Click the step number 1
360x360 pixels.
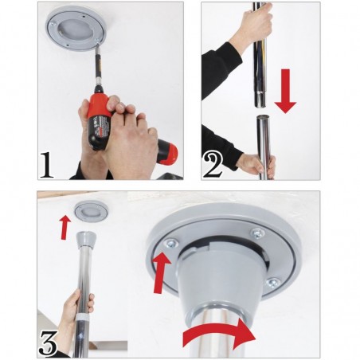pyautogui.click(x=47, y=164)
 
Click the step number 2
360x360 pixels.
pyautogui.click(x=213, y=164)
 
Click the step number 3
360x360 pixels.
pyautogui.click(x=49, y=342)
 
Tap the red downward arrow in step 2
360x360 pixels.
pyautogui.click(x=285, y=91)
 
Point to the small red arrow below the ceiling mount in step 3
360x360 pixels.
pyautogui.click(x=65, y=227)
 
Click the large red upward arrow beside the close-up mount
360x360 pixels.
pyautogui.click(x=161, y=272)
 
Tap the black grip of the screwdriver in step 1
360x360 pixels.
pyautogui.click(x=98, y=133)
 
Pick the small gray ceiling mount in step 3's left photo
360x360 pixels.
pyautogui.click(x=91, y=212)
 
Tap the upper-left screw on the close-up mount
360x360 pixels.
pyautogui.click(x=171, y=244)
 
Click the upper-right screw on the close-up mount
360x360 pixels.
pyautogui.click(x=258, y=233)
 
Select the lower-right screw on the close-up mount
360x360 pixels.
pyautogui.click(x=272, y=283)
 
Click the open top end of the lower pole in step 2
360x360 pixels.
pyautogui.click(x=263, y=117)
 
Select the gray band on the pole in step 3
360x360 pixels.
pyautogui.click(x=83, y=317)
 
